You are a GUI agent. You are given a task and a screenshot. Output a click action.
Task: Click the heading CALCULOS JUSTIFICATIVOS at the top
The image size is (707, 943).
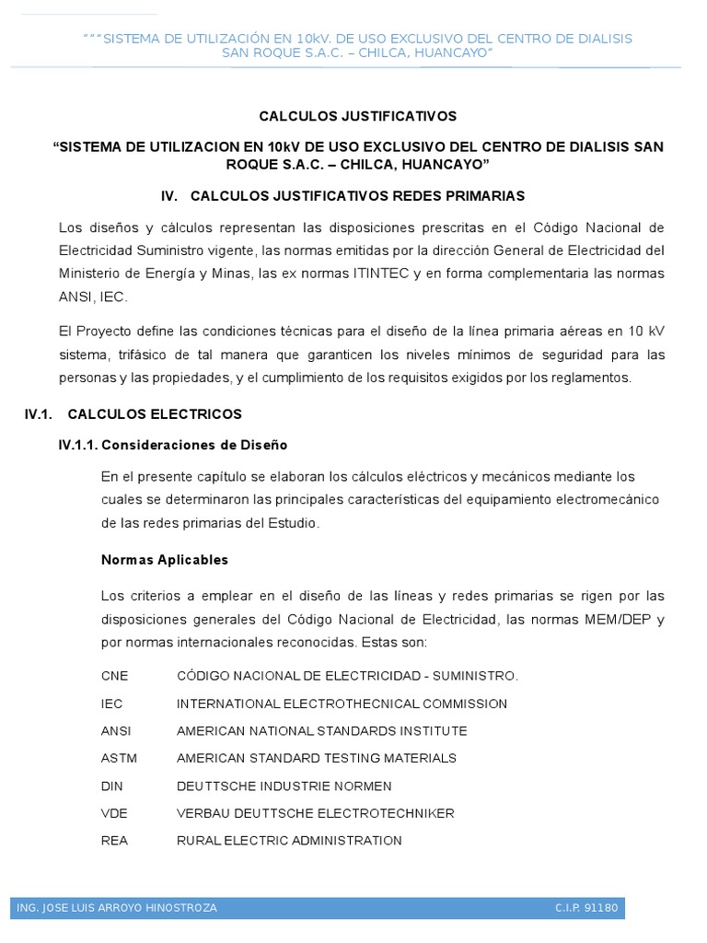point(357,116)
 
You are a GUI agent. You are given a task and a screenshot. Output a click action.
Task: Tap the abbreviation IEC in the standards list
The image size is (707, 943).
point(111,704)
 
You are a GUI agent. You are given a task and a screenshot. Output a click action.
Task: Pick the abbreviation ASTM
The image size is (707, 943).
point(118,758)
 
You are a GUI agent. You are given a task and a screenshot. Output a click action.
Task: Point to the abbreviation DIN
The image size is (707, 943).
point(111,786)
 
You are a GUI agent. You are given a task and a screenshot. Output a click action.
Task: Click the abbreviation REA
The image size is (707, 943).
point(114,840)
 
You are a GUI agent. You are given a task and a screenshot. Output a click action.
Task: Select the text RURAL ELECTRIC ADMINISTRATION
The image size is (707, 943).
point(289,840)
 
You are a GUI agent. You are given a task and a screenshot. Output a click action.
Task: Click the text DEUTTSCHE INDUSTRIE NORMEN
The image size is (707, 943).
point(284,786)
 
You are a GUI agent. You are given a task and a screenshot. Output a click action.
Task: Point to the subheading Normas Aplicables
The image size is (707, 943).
point(165,560)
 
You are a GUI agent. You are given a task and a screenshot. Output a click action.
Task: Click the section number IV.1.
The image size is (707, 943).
point(38,414)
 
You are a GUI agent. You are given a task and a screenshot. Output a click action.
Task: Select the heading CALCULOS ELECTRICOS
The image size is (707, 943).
point(155,414)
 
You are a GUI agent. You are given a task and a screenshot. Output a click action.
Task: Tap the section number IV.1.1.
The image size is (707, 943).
point(77,445)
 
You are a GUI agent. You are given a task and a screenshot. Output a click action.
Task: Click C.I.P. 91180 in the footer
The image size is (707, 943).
point(586,908)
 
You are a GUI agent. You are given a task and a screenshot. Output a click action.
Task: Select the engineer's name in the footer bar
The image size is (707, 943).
point(117,908)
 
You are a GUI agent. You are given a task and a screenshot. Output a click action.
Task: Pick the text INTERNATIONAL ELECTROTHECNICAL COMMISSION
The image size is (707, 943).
point(342,704)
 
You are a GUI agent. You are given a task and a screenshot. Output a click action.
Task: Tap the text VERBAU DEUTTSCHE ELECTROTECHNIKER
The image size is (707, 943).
point(315,813)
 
